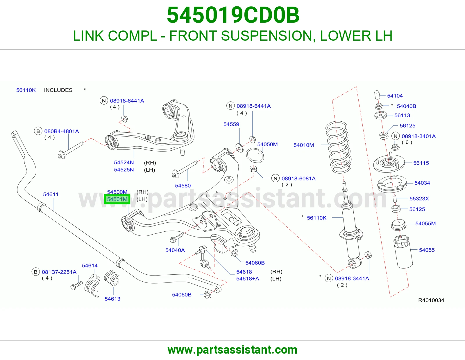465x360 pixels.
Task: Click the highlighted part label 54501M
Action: pyautogui.click(x=117, y=199)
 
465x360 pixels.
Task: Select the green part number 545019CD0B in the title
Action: pyautogui.click(x=233, y=15)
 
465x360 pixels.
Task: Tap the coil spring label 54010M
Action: pyautogui.click(x=303, y=145)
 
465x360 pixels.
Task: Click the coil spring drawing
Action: pyautogui.click(x=338, y=147)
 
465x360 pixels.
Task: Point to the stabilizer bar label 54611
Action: pyautogui.click(x=51, y=194)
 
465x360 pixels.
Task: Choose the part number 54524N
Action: pyautogui.click(x=124, y=163)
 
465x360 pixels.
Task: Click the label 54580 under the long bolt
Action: pyautogui.click(x=183, y=186)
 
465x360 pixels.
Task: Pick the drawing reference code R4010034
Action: pyautogui.click(x=431, y=300)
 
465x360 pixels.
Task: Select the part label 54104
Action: pyautogui.click(x=395, y=96)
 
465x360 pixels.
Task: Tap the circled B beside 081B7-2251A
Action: pyautogui.click(x=36, y=272)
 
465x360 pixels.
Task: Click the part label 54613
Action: pyautogui.click(x=112, y=299)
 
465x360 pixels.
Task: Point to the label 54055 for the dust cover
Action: pyautogui.click(x=427, y=250)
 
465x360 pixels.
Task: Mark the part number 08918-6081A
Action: pyautogui.click(x=298, y=179)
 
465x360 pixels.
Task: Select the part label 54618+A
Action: pyautogui.click(x=248, y=279)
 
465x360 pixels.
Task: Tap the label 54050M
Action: pyautogui.click(x=267, y=144)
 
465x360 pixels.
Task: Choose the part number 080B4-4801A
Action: pyautogui.click(x=61, y=131)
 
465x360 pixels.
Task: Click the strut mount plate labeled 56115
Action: pyautogui.click(x=389, y=163)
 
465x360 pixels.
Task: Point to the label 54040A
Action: pyautogui.click(x=175, y=250)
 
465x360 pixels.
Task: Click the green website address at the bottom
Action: pyautogui.click(x=233, y=350)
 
